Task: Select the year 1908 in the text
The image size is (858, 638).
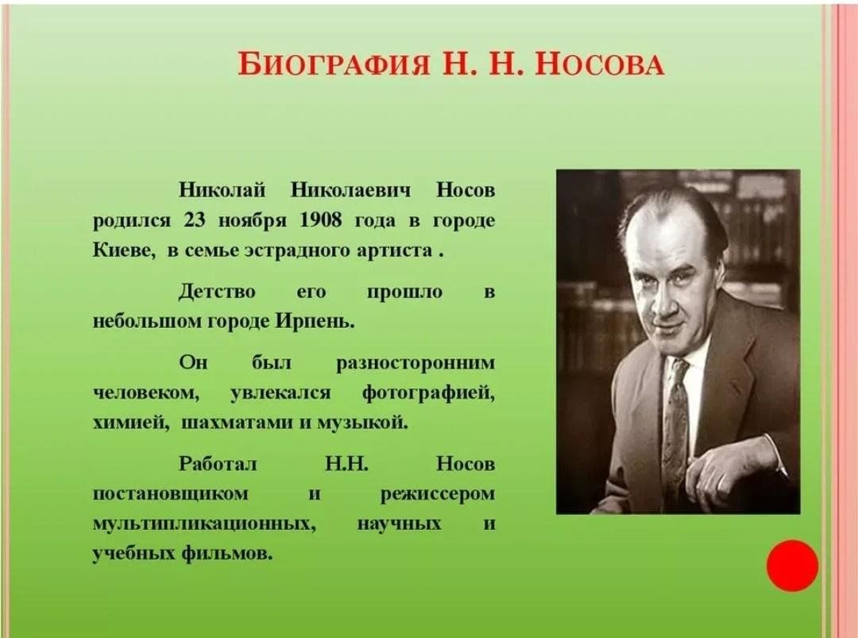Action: [x=321, y=220]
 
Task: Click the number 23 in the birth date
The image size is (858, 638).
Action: [x=195, y=220]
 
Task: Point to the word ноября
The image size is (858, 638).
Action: [x=253, y=222]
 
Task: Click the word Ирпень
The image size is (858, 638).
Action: [x=315, y=321]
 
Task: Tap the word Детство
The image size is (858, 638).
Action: [x=217, y=292]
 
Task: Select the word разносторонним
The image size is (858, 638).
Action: [x=415, y=364]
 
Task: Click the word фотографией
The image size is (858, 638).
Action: [x=428, y=393]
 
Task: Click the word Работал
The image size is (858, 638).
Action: [x=218, y=463]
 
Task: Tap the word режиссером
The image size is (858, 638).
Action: [x=438, y=495]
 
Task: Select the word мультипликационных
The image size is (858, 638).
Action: [x=205, y=524]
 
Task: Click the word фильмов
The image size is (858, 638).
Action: [x=226, y=553]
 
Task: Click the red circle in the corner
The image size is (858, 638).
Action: [x=792, y=566]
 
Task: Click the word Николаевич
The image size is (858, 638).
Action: [x=351, y=191]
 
